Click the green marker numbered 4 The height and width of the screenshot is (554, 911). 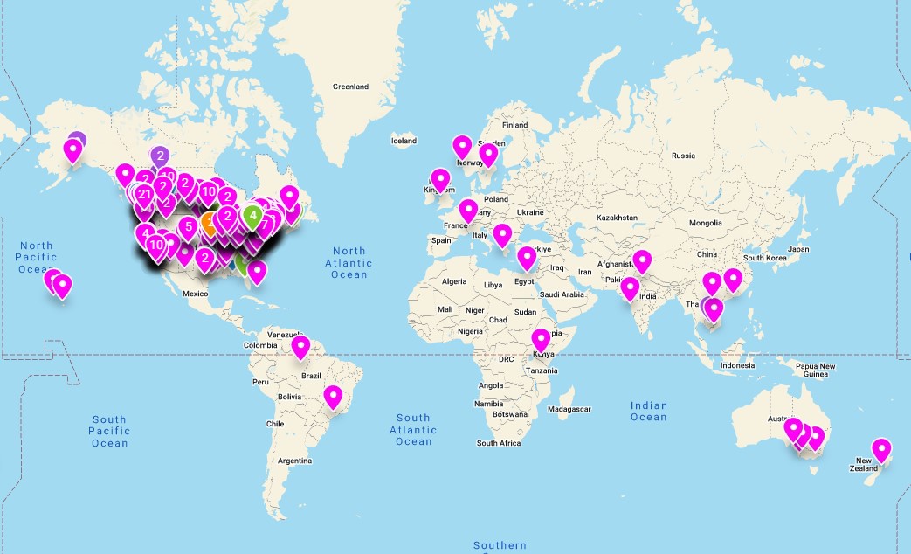coord(252,213)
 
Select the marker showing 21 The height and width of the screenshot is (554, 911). coord(144,194)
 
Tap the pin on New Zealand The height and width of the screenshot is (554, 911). coord(881,450)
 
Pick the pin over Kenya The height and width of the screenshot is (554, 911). coord(541,339)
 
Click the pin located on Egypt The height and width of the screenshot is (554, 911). coord(526,258)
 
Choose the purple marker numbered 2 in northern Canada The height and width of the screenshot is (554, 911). coord(160,156)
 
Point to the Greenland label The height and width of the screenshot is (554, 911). coord(350,87)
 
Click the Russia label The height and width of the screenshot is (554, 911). coord(683,156)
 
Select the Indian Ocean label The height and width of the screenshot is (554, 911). coord(648,411)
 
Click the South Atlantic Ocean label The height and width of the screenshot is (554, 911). coord(413,429)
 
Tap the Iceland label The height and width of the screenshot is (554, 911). coord(404,141)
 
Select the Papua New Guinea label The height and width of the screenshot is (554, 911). coord(814,370)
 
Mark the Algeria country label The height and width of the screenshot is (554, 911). coord(454,281)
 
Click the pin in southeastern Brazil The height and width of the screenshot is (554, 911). coord(333,398)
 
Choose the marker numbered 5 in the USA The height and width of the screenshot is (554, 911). coord(188,228)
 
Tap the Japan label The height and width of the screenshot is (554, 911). coord(798,249)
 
